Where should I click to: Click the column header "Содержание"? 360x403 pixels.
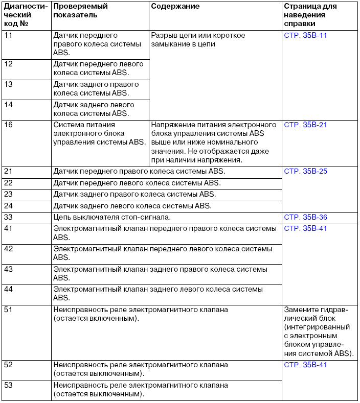coord(175,7)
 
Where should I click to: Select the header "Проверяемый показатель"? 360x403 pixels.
coord(80,11)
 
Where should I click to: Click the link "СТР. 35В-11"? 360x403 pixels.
coord(305,35)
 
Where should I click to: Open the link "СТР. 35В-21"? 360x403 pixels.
coord(305,125)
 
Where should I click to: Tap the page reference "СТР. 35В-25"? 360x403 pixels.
coord(305,171)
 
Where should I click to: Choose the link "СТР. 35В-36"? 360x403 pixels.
coord(305,217)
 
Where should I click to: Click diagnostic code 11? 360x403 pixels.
coord(8,35)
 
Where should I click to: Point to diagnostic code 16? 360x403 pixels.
coord(8,125)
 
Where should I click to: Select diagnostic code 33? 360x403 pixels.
coord(8,217)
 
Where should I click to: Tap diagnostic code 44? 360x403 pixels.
coord(8,289)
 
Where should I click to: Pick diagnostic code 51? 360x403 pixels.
coord(8,310)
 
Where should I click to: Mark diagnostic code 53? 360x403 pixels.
coord(8,385)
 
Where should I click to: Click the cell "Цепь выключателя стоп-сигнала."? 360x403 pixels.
coord(112,217)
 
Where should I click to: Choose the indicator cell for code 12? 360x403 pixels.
coord(98,68)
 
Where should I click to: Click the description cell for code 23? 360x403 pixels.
coord(134,195)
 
